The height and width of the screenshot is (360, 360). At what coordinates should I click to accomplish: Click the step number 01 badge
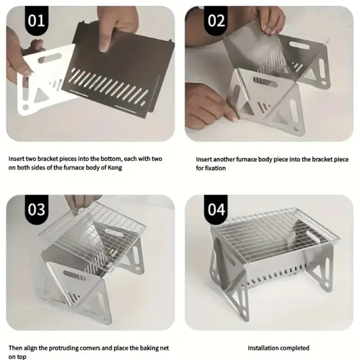[x=37, y=20]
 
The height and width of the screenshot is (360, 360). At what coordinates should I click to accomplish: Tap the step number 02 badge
[x=216, y=20]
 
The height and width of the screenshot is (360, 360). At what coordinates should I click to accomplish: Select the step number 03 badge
[x=37, y=209]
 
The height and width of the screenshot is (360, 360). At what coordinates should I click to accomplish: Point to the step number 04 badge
[x=216, y=209]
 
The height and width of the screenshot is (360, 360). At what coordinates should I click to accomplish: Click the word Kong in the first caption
[x=115, y=168]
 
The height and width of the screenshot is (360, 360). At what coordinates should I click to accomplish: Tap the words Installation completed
[x=279, y=348]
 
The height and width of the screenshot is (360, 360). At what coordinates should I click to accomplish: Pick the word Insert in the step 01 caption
[x=16, y=159]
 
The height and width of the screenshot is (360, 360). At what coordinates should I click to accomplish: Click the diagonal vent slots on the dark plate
[x=108, y=86]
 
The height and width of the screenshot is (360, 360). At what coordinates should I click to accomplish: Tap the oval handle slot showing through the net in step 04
[x=313, y=237]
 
